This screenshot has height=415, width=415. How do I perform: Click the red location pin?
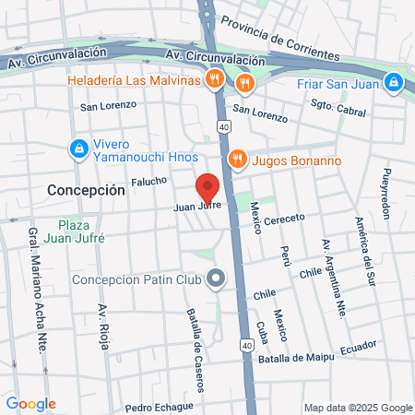pos(208,187)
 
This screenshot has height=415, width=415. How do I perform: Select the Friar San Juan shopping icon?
pos(395,82)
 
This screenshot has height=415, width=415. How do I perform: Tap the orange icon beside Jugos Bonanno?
pos(237,160)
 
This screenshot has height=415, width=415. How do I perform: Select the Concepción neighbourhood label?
pos(85,189)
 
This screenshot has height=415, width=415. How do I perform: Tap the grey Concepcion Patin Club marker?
pos(217,278)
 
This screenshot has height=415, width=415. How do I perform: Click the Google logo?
pos(30,404)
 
